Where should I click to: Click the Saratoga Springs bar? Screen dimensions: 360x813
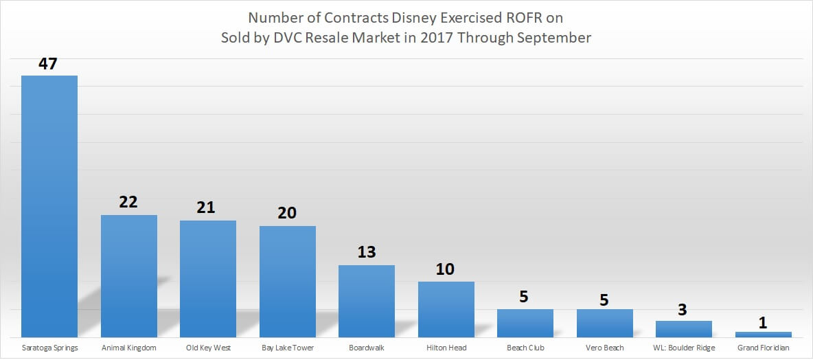click(49, 206)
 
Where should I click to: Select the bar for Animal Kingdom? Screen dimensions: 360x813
click(129, 275)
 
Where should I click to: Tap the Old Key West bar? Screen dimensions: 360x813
click(208, 278)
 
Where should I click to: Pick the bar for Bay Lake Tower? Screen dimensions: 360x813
click(288, 281)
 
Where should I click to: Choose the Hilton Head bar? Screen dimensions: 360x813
click(446, 309)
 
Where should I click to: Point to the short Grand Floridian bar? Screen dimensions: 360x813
click(764, 335)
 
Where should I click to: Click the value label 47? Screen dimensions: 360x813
click(48, 65)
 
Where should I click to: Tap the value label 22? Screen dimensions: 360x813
click(128, 203)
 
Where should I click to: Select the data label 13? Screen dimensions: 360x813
click(367, 252)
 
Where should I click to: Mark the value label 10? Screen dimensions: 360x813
click(446, 269)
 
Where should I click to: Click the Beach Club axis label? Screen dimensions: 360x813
click(525, 348)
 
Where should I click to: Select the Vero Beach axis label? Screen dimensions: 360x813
click(605, 348)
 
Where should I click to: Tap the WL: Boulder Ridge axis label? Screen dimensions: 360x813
click(684, 348)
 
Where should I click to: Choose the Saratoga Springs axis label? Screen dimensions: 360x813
click(49, 348)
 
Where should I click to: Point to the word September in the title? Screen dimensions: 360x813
click(553, 38)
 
